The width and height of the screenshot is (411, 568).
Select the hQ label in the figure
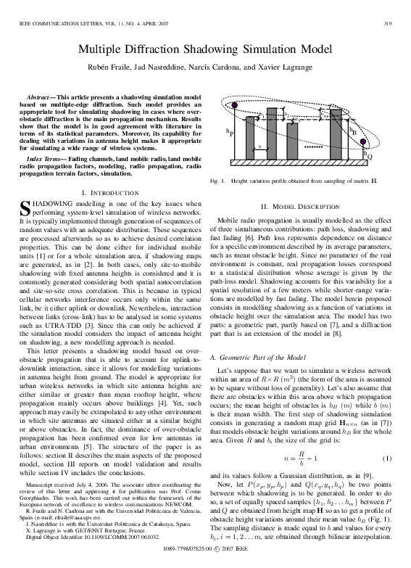(x=370, y=155)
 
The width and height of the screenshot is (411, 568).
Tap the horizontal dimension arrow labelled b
(x=260, y=150)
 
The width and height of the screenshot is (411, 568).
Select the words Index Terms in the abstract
(x=45, y=157)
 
